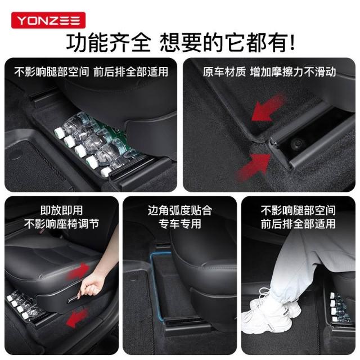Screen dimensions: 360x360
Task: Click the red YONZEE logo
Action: tap(48, 20)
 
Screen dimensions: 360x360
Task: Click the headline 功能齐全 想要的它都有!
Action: tap(181, 43)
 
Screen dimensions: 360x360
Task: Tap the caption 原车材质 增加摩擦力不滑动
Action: tap(269, 72)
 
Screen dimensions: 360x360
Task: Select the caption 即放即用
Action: tap(61, 210)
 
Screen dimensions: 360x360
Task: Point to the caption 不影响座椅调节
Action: tap(61, 224)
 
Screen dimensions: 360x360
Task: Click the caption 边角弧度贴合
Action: tap(180, 210)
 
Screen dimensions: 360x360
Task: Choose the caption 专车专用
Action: tap(180, 224)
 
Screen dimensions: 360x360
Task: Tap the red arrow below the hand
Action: tap(77, 318)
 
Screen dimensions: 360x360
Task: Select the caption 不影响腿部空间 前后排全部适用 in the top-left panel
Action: tap(91, 72)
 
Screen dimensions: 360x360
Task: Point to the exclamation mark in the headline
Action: tap(292, 43)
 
